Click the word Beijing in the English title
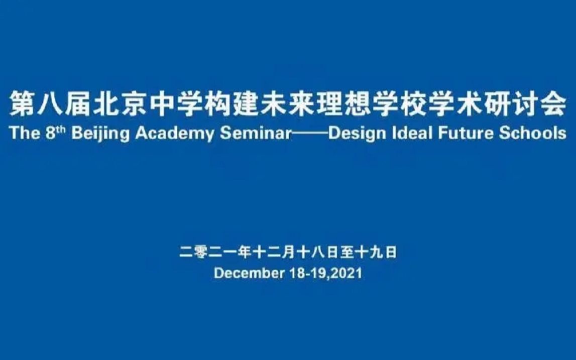coord(100,134)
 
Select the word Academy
coord(174,134)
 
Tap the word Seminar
coord(256,133)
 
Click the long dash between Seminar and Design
coord(310,134)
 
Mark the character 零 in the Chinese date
coord(200,253)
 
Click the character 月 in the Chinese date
coord(289,253)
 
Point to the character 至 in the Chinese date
coord(347,253)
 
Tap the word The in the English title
coord(25,133)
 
